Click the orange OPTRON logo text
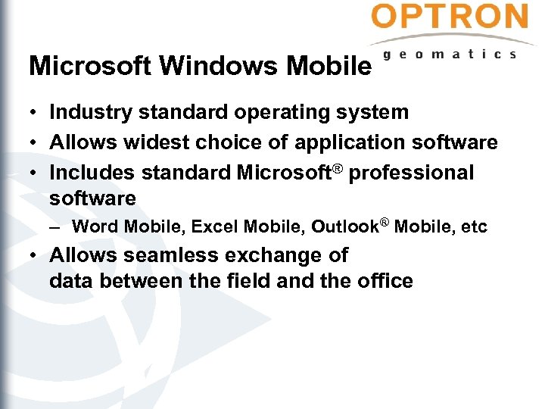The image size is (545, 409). pyautogui.click(x=450, y=17)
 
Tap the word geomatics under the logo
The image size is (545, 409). pyautogui.click(x=450, y=54)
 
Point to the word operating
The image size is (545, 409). pyautogui.click(x=279, y=113)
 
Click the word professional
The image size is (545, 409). pyautogui.click(x=411, y=173)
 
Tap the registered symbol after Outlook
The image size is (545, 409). pyautogui.click(x=385, y=222)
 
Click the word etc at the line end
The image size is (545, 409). pyautogui.click(x=475, y=226)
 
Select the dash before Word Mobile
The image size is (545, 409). pyautogui.click(x=59, y=226)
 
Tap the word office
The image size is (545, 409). pyautogui.click(x=385, y=282)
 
